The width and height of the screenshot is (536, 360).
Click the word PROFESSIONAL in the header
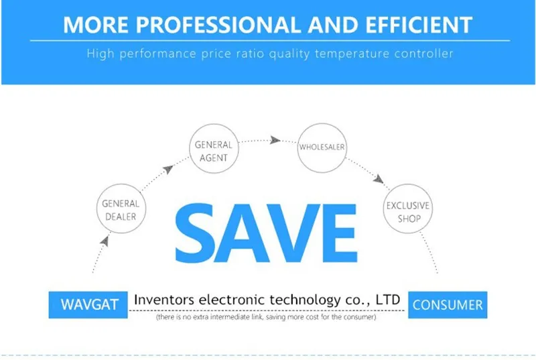(x=218, y=25)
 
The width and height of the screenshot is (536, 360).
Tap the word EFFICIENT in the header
(x=419, y=25)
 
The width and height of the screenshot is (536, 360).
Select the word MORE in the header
(x=95, y=25)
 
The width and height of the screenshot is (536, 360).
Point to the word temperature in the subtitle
(x=352, y=54)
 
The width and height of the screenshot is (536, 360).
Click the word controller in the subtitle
(x=424, y=54)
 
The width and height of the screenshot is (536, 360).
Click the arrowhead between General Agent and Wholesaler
(x=275, y=140)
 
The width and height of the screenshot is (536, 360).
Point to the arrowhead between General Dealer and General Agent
(x=168, y=169)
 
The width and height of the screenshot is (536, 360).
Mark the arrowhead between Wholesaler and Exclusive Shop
(x=379, y=179)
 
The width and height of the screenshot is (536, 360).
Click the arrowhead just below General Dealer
(x=105, y=241)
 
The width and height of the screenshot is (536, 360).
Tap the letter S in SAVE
(x=196, y=233)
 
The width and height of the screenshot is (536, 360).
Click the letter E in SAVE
(x=340, y=233)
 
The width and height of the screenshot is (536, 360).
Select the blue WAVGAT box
(x=88, y=305)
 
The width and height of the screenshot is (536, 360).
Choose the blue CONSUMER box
(x=448, y=305)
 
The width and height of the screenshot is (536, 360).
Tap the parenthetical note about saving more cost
(x=266, y=317)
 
